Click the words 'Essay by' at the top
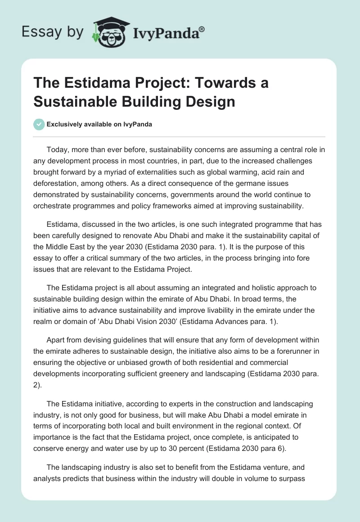53,32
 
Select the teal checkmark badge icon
39,124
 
